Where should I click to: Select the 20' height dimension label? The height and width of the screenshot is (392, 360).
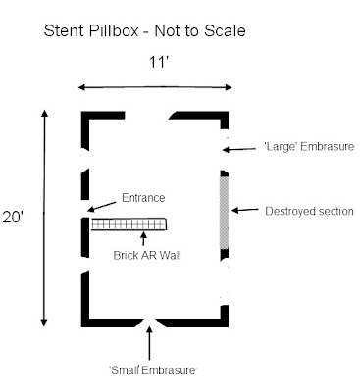tap(14, 218)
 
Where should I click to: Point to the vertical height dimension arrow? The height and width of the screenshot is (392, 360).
tap(44, 218)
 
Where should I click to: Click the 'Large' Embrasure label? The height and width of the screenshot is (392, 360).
tap(293, 147)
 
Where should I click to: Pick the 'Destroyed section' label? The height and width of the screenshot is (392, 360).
tap(309, 210)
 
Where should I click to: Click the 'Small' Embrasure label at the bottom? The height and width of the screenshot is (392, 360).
tap(152, 369)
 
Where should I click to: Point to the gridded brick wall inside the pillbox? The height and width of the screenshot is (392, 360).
tap(129, 224)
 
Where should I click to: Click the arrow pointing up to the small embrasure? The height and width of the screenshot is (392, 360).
tap(149, 343)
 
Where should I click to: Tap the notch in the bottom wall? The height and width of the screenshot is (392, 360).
tap(149, 322)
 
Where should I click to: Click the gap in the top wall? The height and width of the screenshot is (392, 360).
tap(153, 116)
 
